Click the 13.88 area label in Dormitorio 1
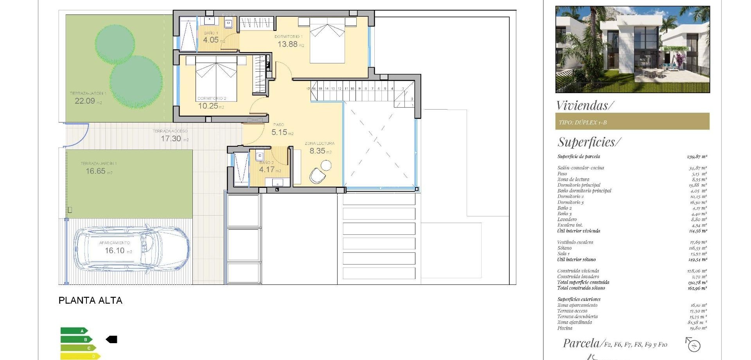[x=287, y=44]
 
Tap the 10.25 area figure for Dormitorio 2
[x=208, y=106]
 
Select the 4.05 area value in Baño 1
[x=211, y=40]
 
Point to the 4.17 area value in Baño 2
[x=267, y=169]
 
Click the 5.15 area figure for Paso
[x=279, y=132]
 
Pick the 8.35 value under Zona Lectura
[x=317, y=151]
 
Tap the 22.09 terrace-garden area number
[x=85, y=101]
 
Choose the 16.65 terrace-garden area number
[x=96, y=171]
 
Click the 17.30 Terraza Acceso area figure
[x=171, y=139]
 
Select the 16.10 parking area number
[x=115, y=250]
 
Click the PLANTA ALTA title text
[x=90, y=301]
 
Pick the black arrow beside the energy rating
[x=112, y=340]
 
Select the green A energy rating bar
[x=74, y=331]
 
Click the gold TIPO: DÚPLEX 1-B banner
[x=632, y=122]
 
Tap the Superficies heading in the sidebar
[x=589, y=142]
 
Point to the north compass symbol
[x=693, y=345]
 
